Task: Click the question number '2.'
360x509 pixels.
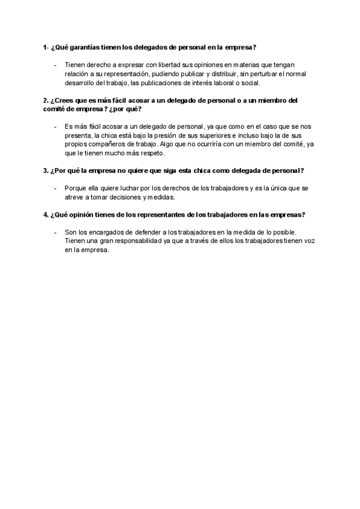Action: click(46, 101)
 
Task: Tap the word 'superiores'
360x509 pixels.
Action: click(207, 136)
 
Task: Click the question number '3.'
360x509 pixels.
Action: click(46, 170)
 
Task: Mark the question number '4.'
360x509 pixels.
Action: click(46, 214)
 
